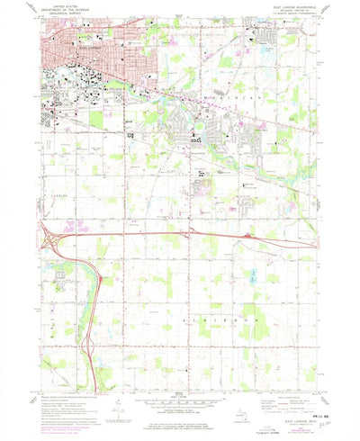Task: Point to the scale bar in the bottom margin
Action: pos(179,402)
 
